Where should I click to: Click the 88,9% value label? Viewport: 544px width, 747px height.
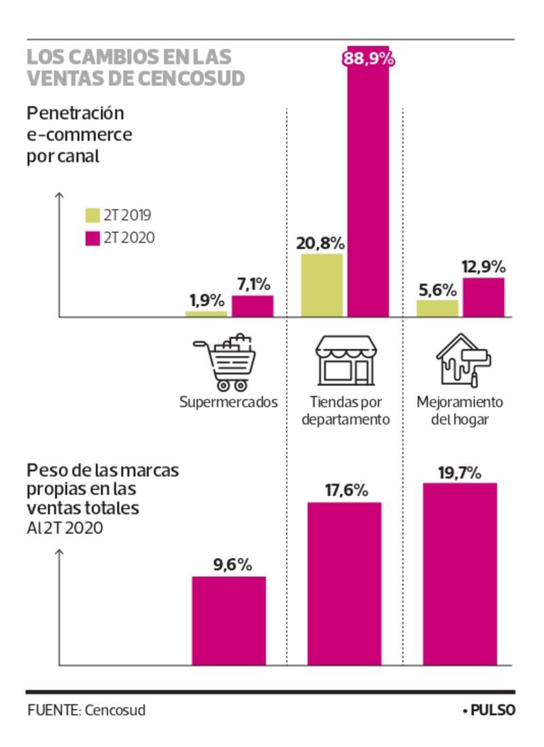point(369,59)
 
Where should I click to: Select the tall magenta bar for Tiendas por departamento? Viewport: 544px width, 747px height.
point(369,197)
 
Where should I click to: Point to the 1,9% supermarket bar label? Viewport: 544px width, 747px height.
point(206,299)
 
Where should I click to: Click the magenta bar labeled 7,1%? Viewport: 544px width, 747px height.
point(252,306)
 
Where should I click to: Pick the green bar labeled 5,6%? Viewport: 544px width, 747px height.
point(437,308)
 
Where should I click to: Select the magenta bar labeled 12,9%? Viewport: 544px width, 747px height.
point(483,297)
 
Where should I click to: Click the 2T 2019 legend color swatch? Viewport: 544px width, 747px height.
point(92,216)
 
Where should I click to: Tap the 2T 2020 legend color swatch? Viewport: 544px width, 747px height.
point(92,238)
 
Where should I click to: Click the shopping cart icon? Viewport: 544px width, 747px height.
point(226,363)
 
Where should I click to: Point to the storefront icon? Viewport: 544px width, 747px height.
point(345,361)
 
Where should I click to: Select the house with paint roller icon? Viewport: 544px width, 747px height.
point(464,361)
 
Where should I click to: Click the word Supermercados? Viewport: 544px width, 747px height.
point(228,401)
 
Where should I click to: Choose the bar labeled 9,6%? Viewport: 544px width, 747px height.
point(228,620)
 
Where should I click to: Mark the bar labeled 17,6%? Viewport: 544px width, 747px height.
point(345,583)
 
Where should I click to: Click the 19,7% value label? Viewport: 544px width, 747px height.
point(460,472)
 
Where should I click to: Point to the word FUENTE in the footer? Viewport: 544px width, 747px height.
point(54,710)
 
